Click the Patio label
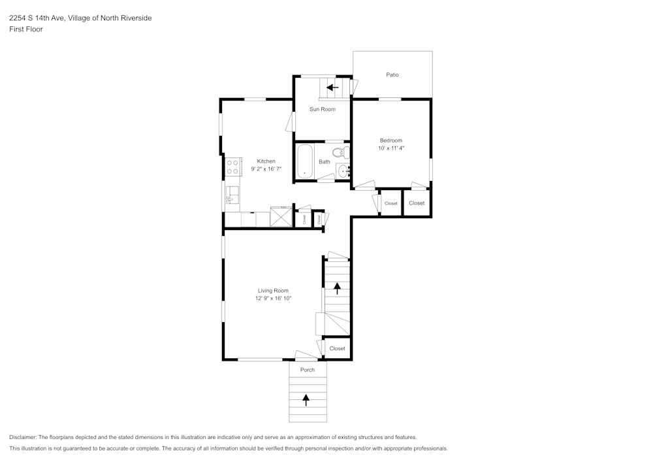(392, 75)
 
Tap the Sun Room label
(323, 109)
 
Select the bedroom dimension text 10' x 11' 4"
(391, 148)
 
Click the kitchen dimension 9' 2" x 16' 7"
(266, 169)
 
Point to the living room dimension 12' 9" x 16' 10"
(273, 298)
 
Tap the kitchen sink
(233, 195)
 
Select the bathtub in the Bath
(304, 161)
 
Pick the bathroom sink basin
(343, 171)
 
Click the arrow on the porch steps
(306, 400)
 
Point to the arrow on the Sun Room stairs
(332, 88)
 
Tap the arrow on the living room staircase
(337, 288)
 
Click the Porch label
(308, 370)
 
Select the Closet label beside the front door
(338, 349)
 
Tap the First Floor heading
(26, 29)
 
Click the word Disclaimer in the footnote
(23, 437)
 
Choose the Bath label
(325, 161)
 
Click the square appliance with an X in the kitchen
(281, 217)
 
